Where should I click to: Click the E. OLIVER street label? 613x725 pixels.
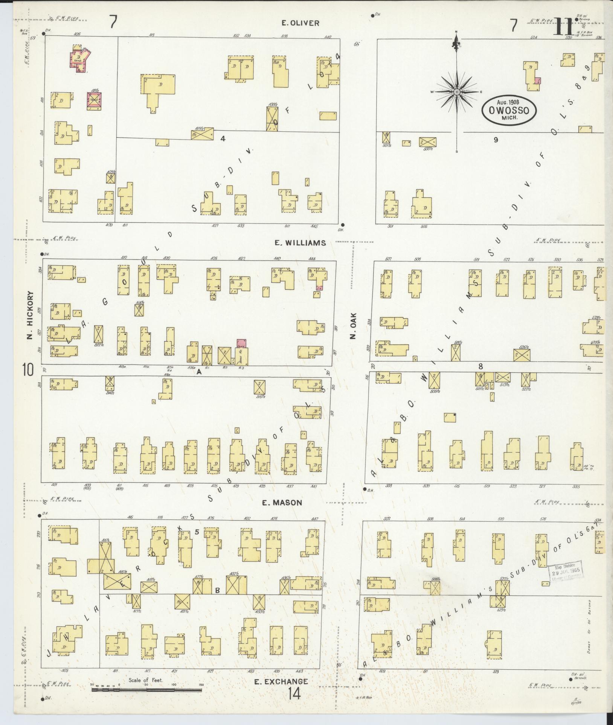coord(300,23)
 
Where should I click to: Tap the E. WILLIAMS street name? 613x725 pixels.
coord(300,243)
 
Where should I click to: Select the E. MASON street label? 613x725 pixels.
coord(282,503)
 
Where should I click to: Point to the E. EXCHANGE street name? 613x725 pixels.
coord(281,681)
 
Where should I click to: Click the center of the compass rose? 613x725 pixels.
coord(456,92)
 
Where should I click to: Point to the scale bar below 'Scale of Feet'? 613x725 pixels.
coord(147,690)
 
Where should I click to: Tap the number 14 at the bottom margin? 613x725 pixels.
coord(295,693)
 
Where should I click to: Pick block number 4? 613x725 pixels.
coord(223,138)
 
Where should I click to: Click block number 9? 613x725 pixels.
coord(496,140)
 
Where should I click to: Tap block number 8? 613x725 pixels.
coord(480,366)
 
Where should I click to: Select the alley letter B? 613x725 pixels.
coord(217,590)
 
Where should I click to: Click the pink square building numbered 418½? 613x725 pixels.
coord(94,100)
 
